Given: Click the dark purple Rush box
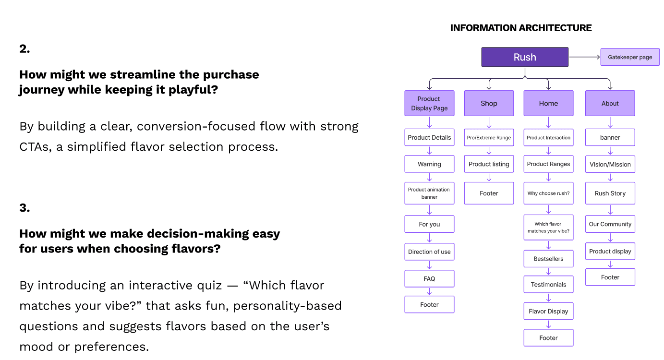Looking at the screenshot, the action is pyautogui.click(x=525, y=57).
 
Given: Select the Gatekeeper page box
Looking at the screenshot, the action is pyautogui.click(x=630, y=57).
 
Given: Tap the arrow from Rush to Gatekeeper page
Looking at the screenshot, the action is pyautogui.click(x=585, y=57).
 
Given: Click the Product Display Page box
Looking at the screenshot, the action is pyautogui.click(x=429, y=103).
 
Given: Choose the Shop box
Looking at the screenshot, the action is pyautogui.click(x=489, y=103).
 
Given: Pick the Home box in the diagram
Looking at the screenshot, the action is pyautogui.click(x=548, y=103).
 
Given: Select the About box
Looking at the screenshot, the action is pyautogui.click(x=610, y=103).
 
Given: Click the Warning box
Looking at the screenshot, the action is pyautogui.click(x=429, y=164).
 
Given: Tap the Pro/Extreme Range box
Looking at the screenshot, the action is pyautogui.click(x=489, y=137).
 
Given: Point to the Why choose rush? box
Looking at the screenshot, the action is pyautogui.click(x=548, y=193).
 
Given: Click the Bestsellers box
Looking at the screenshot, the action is pyautogui.click(x=548, y=259).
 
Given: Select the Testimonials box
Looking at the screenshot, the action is pyautogui.click(x=548, y=285).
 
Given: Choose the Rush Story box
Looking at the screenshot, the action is pyautogui.click(x=610, y=193).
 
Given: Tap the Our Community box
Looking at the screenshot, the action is pyautogui.click(x=610, y=224).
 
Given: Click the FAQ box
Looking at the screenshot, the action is pyautogui.click(x=429, y=278).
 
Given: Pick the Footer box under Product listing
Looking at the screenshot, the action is pyautogui.click(x=489, y=193).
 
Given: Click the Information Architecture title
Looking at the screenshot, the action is pyautogui.click(x=521, y=28).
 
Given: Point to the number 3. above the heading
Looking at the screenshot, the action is pyautogui.click(x=24, y=208).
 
